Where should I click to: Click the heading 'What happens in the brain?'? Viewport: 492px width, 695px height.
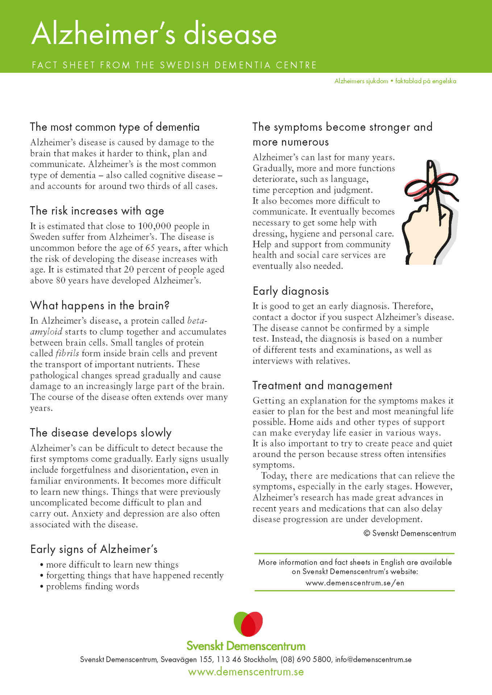click(x=100, y=306)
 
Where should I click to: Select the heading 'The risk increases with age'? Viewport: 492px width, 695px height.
click(x=97, y=211)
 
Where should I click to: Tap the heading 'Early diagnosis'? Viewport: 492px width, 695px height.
click(x=291, y=291)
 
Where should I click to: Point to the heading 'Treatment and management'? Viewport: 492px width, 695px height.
click(x=322, y=386)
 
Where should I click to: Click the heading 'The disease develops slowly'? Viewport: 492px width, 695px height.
click(x=101, y=433)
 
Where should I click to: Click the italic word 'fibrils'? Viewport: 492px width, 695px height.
click(x=67, y=353)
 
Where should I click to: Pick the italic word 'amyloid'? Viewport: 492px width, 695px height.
click(x=46, y=332)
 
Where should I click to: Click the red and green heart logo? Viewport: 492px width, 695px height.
click(x=248, y=624)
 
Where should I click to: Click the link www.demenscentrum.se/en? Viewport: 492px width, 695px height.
click(x=355, y=583)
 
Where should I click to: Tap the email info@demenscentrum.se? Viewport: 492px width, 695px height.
click(x=373, y=660)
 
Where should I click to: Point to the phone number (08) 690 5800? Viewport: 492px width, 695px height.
click(x=306, y=660)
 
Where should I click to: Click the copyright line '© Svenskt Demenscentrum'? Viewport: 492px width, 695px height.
click(x=410, y=534)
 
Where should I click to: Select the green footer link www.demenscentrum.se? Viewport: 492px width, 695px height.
click(x=246, y=672)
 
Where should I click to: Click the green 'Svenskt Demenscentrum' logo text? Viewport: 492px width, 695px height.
click(x=246, y=646)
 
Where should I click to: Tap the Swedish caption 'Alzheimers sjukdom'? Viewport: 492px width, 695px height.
click(x=361, y=81)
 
